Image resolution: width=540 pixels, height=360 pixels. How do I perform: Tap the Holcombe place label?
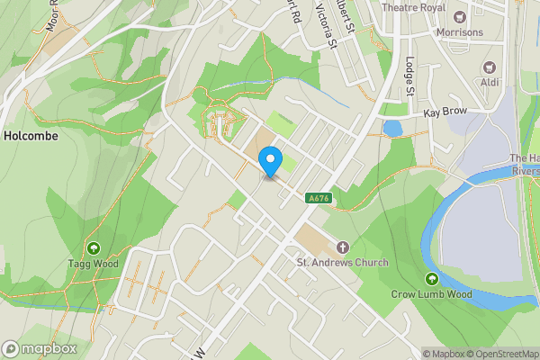tap(31, 136)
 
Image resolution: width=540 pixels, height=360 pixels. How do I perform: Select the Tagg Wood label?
tap(93, 264)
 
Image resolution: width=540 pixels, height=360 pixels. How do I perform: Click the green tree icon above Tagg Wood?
tap(93, 247)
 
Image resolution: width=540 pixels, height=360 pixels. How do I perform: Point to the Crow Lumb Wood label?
tap(431, 293)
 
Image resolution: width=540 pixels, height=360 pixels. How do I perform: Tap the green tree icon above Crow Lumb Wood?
tap(432, 278)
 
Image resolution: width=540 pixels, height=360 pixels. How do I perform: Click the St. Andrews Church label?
tap(343, 263)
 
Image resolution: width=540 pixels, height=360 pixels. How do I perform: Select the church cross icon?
tap(342, 247)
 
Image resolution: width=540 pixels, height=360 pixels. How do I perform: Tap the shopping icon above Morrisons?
tap(460, 17)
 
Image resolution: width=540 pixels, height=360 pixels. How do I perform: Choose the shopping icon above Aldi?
tap(490, 67)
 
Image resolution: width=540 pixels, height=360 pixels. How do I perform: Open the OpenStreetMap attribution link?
tap(500, 354)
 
